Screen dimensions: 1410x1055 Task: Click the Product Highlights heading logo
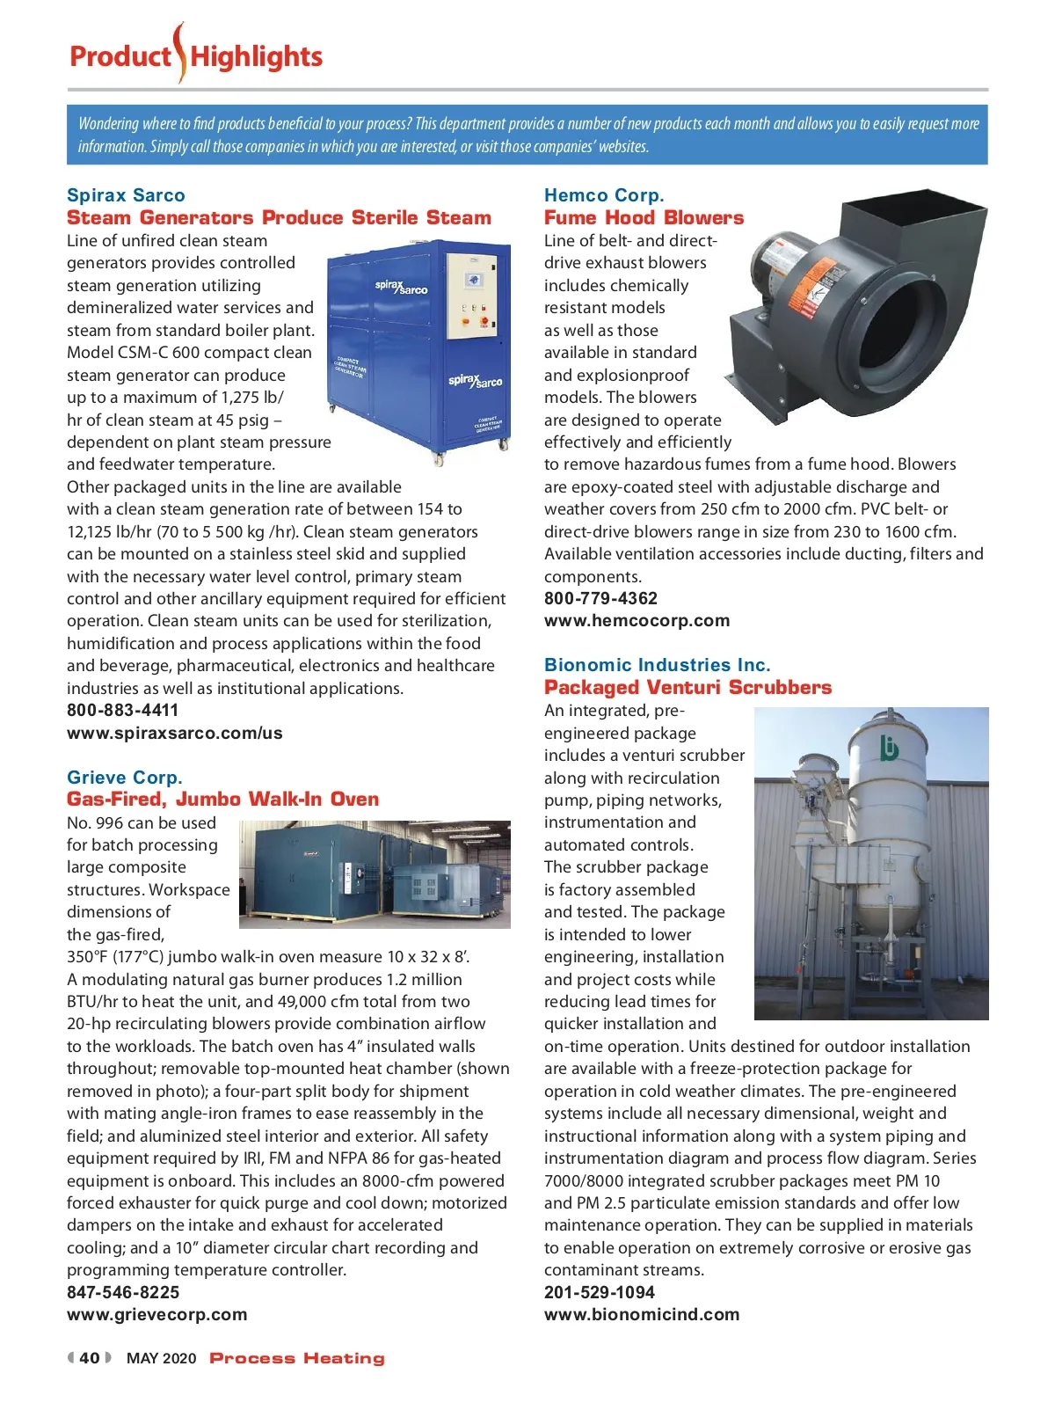click(x=196, y=56)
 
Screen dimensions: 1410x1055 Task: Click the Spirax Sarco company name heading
click(x=126, y=195)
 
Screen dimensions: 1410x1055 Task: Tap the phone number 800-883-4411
click(x=122, y=710)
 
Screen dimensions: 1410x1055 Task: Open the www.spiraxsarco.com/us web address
click(x=174, y=733)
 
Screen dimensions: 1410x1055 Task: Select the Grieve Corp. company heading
click(x=125, y=778)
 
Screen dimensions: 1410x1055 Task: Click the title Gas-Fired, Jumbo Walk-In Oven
click(x=222, y=800)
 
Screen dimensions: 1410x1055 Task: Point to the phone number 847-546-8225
click(x=123, y=1292)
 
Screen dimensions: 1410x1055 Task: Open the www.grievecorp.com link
click(x=156, y=1315)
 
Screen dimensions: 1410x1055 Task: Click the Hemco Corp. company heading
click(x=604, y=195)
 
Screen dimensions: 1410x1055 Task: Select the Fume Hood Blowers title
click(x=644, y=218)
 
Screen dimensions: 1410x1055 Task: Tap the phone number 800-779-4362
click(x=600, y=598)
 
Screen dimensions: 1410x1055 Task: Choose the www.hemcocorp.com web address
click(x=637, y=621)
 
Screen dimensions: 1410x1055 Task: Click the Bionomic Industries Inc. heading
click(x=657, y=665)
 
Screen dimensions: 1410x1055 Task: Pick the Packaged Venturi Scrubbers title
click(x=688, y=688)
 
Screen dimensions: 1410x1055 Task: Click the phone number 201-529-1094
click(x=599, y=1292)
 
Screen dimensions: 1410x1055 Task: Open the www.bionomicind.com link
click(x=642, y=1315)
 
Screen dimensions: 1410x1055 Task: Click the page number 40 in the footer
click(x=90, y=1358)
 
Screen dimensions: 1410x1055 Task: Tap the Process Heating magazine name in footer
click(x=297, y=1358)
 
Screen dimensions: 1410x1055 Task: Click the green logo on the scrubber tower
click(x=890, y=748)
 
